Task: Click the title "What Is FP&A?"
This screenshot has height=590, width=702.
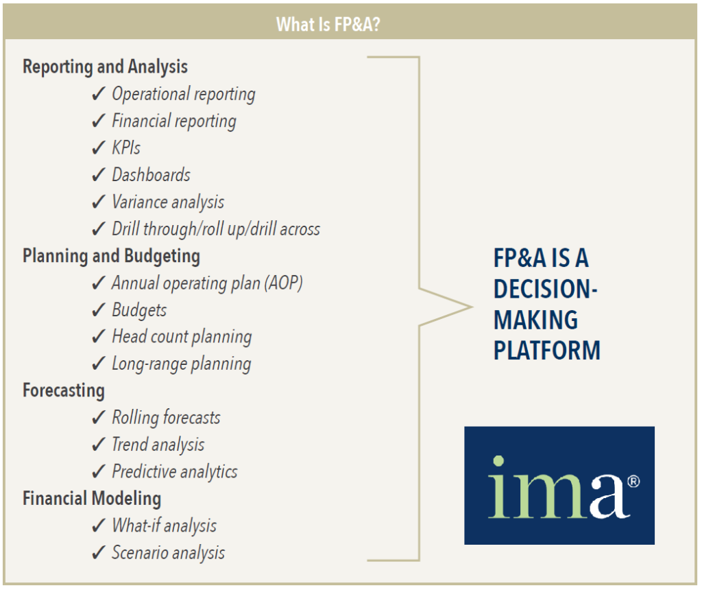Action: [328, 24]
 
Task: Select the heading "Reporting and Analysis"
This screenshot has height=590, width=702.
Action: [105, 67]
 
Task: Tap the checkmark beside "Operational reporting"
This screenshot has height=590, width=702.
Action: [99, 94]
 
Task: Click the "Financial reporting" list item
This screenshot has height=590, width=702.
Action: [174, 121]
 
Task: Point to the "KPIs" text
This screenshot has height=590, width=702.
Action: [126, 147]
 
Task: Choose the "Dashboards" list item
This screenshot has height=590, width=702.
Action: [152, 175]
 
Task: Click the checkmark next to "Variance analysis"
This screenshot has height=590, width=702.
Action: [99, 202]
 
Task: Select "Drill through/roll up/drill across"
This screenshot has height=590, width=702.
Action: [216, 229]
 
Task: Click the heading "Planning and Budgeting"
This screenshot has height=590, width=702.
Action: [112, 257]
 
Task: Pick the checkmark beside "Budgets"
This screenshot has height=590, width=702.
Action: [99, 310]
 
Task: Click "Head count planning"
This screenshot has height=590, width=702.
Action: [182, 337]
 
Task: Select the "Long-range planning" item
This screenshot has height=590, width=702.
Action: [181, 364]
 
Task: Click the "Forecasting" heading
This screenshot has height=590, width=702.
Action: [64, 390]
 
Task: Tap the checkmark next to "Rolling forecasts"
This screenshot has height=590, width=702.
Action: [99, 418]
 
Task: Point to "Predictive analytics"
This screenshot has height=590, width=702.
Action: [175, 472]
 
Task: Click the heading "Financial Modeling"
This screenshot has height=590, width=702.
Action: [92, 499]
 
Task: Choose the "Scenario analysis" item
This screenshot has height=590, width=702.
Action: [169, 553]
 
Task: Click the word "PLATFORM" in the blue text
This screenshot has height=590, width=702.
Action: [546, 351]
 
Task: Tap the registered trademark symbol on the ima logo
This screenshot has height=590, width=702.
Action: [633, 482]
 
